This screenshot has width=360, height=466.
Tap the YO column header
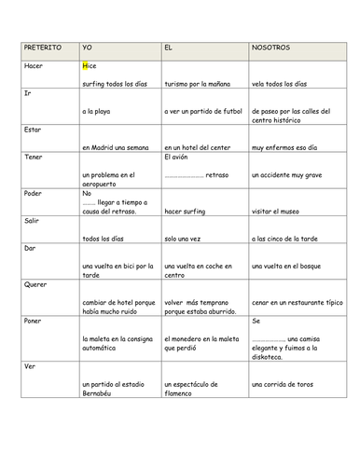[x=88, y=47]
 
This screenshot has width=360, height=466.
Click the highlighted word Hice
[x=90, y=66]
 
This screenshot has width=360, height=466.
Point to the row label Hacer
[x=32, y=66]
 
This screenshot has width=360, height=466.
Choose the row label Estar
[x=31, y=130]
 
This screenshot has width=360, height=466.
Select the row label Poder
[x=32, y=193]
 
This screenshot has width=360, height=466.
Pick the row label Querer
[x=35, y=283]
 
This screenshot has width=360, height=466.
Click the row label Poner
[x=32, y=320]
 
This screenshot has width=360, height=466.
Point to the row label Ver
[x=27, y=365]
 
